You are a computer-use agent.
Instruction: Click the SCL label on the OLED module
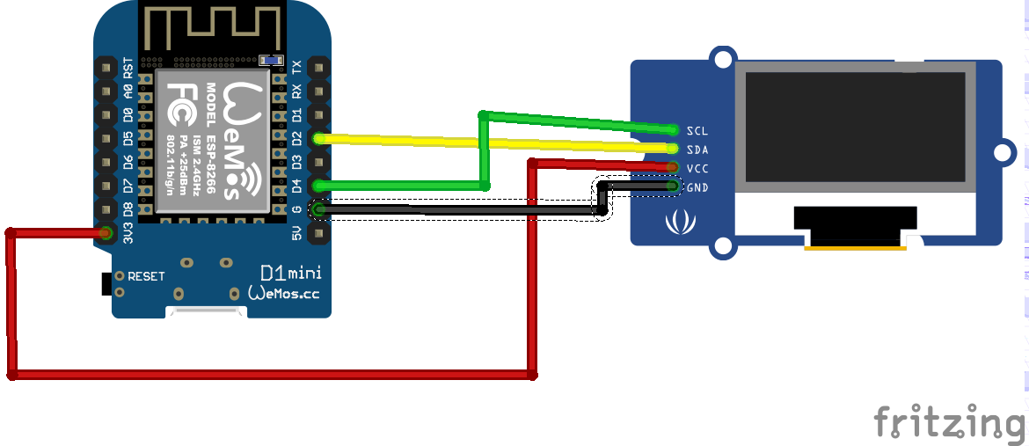click(x=697, y=130)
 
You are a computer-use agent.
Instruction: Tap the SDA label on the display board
click(x=697, y=150)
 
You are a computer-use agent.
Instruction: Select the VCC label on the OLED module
click(x=697, y=168)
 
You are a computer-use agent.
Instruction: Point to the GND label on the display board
click(x=697, y=187)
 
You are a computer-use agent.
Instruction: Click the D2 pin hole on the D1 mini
click(x=318, y=138)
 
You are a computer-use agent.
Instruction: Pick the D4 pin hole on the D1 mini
click(x=318, y=186)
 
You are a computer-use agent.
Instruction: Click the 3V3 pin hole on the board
click(x=106, y=233)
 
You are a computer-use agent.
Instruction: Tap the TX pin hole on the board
click(x=318, y=67)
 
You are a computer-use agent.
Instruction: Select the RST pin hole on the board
click(x=106, y=67)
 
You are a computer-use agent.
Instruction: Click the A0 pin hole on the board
click(x=106, y=91)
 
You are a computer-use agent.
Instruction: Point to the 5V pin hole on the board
click(x=318, y=233)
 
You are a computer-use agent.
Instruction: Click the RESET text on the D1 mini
click(x=146, y=276)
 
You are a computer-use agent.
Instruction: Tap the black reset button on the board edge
click(x=106, y=284)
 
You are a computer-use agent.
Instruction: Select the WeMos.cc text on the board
click(x=283, y=293)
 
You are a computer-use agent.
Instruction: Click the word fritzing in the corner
click(x=950, y=422)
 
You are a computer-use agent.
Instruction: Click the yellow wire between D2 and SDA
click(x=493, y=143)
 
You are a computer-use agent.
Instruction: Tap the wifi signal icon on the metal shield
click(x=250, y=180)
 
